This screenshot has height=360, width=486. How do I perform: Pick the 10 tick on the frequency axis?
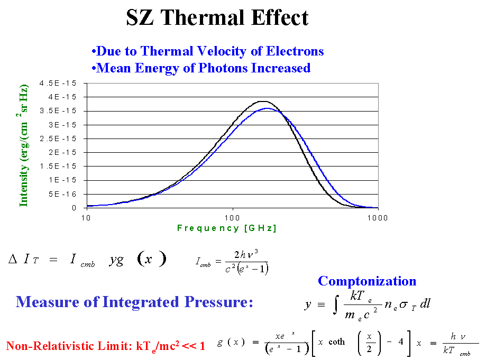coord(87,218)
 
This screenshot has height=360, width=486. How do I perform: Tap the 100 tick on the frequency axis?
coord(233,218)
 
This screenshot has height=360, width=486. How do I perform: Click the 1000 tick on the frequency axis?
coord(378,218)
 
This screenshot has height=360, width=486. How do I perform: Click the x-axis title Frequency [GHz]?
coord(227,228)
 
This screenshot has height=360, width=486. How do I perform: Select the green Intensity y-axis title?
coord(24,145)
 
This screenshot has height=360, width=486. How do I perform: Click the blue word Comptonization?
coord(367,281)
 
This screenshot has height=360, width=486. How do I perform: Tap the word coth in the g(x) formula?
coord(336,342)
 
